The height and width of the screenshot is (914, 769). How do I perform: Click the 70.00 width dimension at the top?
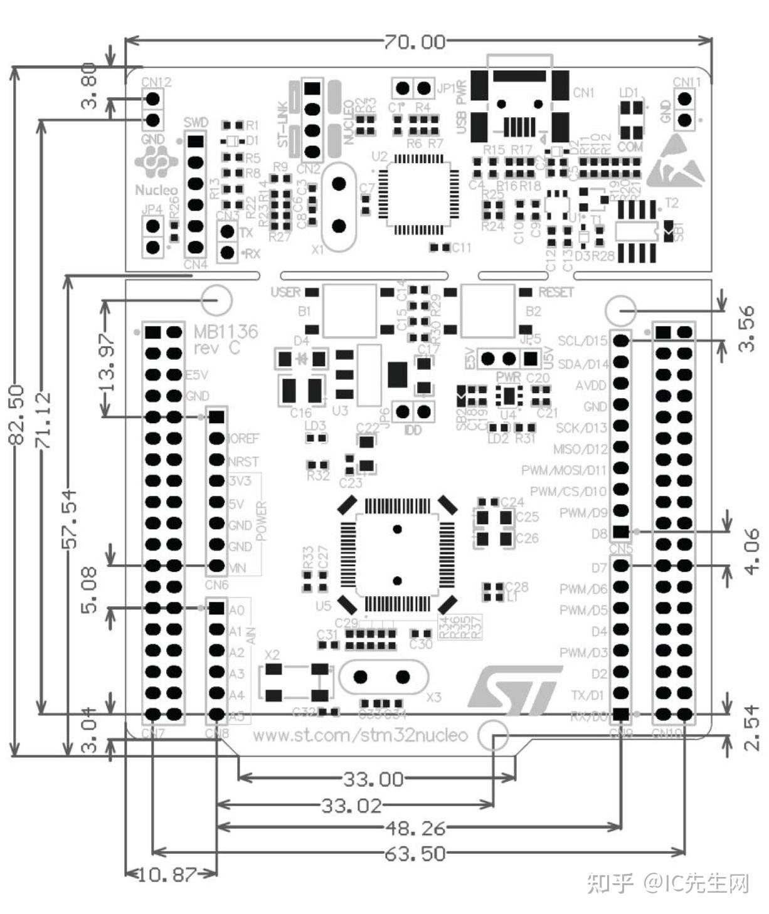415,42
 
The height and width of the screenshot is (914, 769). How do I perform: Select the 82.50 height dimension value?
16,414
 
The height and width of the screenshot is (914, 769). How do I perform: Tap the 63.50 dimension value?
415,853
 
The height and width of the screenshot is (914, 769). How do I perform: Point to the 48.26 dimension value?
415,828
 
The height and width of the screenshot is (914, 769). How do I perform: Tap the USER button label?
285,293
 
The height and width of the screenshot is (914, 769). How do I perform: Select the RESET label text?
556,293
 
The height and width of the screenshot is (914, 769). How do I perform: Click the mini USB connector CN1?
520,107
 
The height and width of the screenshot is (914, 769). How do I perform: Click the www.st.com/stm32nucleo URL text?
360,735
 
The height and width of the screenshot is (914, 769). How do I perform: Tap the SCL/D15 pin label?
583,341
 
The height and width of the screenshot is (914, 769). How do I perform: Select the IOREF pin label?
243,438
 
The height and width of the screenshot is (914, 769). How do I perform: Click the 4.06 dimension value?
753,550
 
